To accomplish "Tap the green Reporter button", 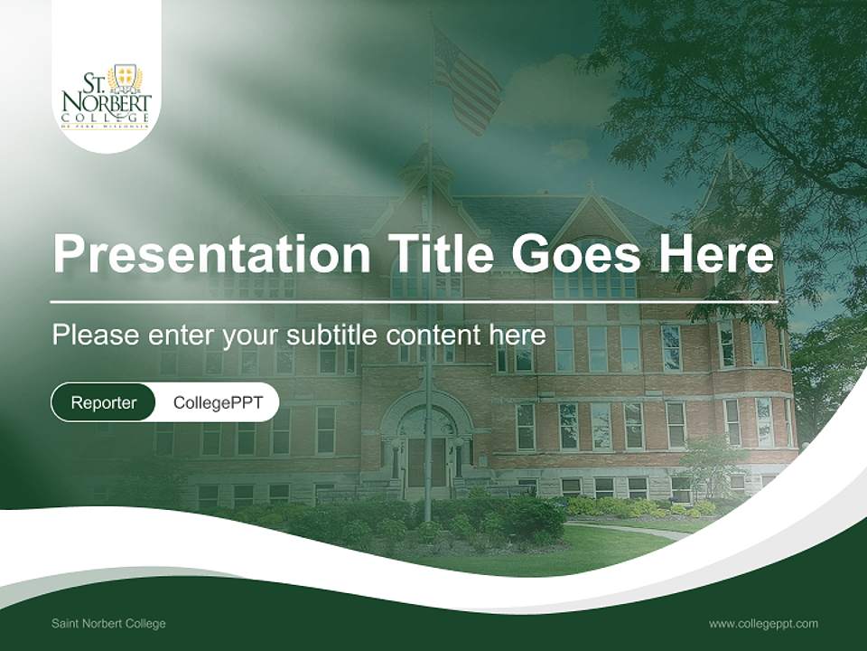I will [104, 402].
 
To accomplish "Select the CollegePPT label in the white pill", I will [218, 402].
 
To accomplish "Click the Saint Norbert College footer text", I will [108, 624].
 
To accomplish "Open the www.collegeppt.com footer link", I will [763, 624].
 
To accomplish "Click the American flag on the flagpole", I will [466, 81].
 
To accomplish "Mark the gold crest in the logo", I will [125, 78].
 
